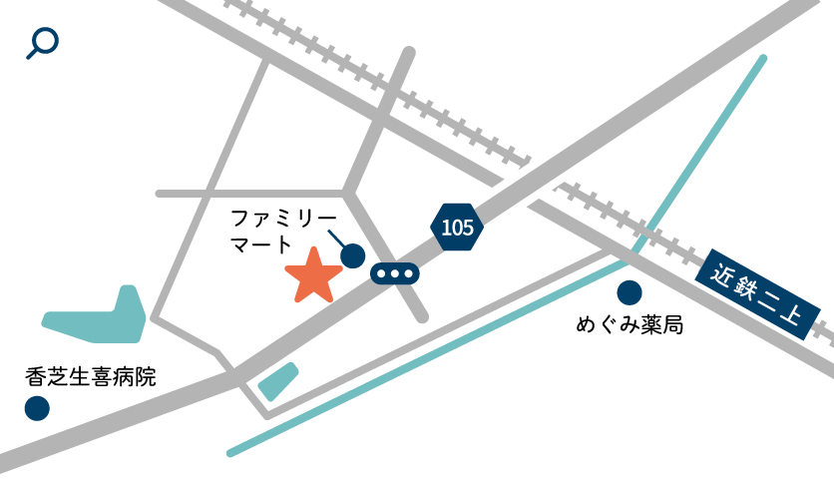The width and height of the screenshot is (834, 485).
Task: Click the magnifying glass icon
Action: [42, 42]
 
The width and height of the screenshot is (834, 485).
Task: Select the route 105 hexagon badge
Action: [457, 228]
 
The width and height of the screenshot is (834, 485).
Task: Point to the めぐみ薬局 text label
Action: [629, 325]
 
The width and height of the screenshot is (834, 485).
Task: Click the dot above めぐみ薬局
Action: [629, 292]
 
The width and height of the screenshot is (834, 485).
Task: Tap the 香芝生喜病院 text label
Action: [91, 377]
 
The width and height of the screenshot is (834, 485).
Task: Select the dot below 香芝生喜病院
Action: [37, 408]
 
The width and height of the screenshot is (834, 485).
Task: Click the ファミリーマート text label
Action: [283, 231]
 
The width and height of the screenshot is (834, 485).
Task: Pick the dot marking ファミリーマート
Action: [352, 256]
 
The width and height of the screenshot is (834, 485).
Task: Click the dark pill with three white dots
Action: [395, 273]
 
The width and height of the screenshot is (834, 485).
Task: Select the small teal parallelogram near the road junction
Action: [278, 381]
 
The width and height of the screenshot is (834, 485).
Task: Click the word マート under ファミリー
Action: [261, 244]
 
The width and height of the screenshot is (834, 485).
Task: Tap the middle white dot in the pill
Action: [395, 273]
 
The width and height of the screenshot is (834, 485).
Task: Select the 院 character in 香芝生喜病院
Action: [146, 377]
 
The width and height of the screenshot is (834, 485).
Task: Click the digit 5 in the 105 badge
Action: [467, 228]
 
